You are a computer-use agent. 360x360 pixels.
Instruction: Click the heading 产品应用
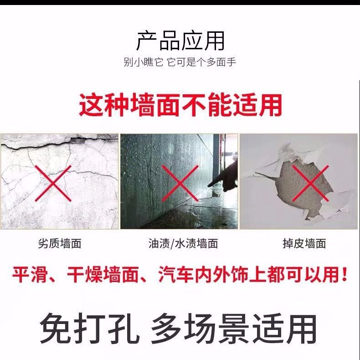coord(180,41)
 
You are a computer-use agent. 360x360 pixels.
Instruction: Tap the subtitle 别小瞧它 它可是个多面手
coord(180,62)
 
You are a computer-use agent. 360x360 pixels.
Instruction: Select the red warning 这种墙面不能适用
coord(180,105)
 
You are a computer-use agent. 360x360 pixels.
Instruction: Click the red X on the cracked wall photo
coord(53,184)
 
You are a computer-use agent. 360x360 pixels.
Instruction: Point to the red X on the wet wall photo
coord(180,183)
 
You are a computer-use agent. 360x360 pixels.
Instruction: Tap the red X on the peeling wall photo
coord(310,184)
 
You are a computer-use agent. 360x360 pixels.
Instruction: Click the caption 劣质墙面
coord(59,243)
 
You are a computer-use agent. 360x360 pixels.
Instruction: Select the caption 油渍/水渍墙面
coord(183,243)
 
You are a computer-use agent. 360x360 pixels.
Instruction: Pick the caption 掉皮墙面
coord(304,243)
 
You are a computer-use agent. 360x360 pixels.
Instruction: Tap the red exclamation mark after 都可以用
coord(344,275)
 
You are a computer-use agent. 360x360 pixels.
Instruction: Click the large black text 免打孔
coord(89,329)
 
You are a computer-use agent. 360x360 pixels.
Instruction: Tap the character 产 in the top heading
coord(147,41)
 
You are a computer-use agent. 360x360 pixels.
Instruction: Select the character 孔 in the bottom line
coord(123,329)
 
